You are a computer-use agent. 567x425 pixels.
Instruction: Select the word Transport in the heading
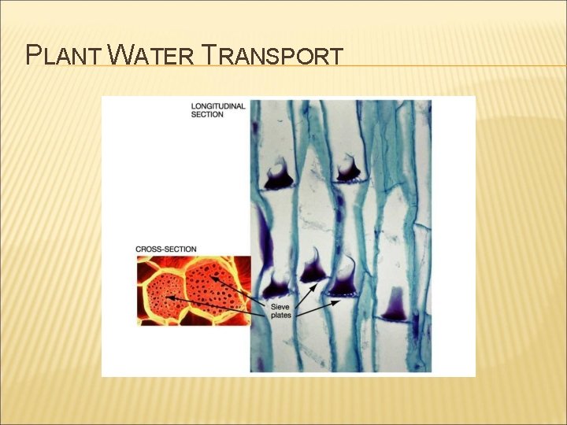272,56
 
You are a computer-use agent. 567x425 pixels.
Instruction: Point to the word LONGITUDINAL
219,105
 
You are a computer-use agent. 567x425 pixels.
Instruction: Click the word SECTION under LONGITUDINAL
208,115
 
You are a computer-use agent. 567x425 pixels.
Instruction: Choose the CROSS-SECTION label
166,249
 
